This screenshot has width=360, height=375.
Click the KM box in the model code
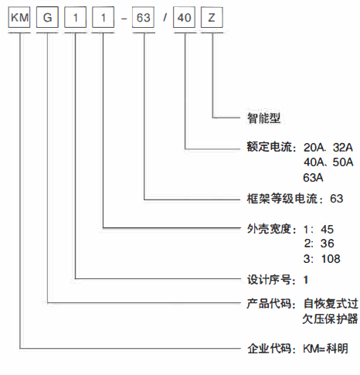click(19, 17)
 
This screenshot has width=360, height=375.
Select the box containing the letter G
click(47, 17)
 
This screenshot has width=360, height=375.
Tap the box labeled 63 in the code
click(143, 17)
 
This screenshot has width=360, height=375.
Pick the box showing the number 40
click(184, 17)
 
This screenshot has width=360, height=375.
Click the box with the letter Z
click(212, 17)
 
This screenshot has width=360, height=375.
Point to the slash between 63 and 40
click(165, 18)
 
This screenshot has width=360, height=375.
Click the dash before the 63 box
click(124, 19)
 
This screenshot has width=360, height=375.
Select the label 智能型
click(263, 118)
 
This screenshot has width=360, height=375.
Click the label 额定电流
click(270, 147)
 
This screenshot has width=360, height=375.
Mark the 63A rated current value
click(313, 178)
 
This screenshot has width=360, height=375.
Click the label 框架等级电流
click(282, 199)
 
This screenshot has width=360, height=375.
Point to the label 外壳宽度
click(269, 229)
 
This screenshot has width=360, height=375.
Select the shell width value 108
click(331, 259)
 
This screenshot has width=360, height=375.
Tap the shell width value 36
click(327, 244)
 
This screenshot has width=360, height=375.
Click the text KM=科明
click(325, 349)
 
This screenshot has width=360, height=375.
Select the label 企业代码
click(270, 349)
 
